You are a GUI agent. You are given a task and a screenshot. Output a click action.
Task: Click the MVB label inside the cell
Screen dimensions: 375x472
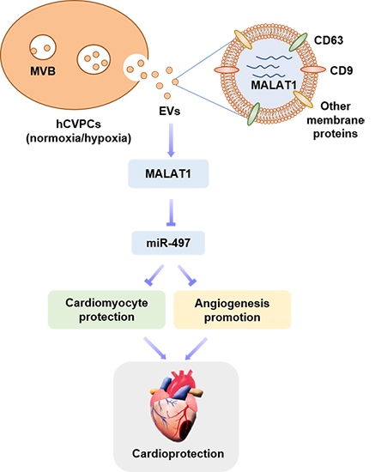pos(43,71)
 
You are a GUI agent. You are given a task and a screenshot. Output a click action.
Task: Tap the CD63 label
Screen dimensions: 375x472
pos(329,40)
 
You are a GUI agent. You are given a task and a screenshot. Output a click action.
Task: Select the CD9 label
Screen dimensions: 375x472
pos(342,70)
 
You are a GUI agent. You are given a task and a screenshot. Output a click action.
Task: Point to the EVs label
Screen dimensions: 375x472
pos(170,111)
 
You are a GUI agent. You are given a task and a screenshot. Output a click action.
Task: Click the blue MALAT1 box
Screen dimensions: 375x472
pos(168,173)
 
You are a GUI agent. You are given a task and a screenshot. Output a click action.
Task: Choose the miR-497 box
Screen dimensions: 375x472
pos(168,243)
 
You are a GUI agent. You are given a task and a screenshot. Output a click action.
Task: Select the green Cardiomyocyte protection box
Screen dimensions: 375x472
pos(106,310)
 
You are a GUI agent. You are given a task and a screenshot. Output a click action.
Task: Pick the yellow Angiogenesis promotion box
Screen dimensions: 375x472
pos(232,310)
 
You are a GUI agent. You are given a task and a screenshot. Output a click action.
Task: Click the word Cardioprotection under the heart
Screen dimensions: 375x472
pos(178,454)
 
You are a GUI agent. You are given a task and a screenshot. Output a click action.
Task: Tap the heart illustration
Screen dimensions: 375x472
pos(176,405)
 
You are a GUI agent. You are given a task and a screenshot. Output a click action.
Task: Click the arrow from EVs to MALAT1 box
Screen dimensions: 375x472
pos(171,140)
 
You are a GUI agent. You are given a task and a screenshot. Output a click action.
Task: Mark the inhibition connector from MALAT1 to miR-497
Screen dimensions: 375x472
pos(171,212)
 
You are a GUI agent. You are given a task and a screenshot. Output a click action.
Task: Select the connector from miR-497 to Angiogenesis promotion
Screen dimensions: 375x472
pos(187,275)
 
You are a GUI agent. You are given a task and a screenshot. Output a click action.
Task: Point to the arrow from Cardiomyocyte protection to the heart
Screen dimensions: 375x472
pos(155,348)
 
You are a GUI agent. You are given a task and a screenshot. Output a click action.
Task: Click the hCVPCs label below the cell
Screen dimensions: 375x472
pos(79,124)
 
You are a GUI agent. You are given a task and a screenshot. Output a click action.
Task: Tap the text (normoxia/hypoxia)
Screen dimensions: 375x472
pos(79,138)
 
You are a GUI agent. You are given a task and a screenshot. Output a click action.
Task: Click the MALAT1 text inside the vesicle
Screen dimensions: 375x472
pos(274,85)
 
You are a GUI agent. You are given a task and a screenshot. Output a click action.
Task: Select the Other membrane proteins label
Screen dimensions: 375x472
pos(336,120)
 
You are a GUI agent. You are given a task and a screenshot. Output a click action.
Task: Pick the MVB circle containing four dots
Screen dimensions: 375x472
pos(94,59)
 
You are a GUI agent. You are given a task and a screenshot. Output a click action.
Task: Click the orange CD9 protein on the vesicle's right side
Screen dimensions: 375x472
pos(313,70)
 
